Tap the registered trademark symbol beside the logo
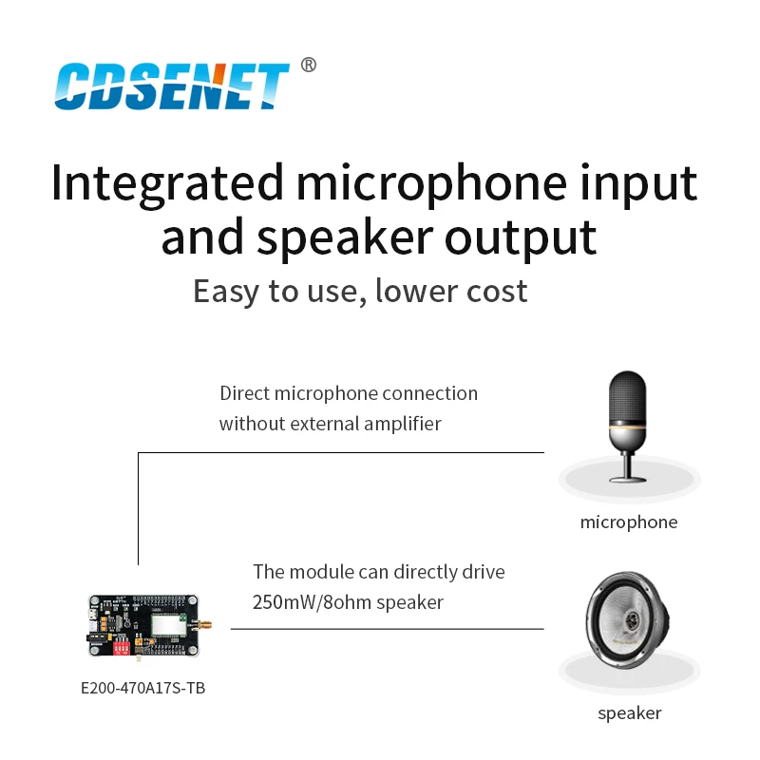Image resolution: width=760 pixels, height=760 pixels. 308,65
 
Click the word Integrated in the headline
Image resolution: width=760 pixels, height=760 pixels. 167,182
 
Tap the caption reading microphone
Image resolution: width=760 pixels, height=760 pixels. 629,522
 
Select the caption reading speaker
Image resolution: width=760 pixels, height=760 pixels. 629,712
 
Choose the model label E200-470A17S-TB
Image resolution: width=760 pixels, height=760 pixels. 143,688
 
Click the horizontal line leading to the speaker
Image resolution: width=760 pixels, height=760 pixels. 388,629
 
